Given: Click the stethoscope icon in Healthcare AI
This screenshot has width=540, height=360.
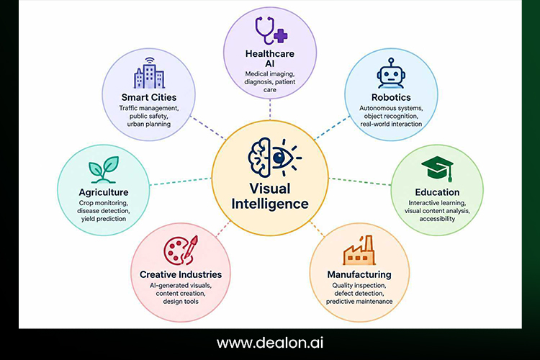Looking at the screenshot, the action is coord(264,30).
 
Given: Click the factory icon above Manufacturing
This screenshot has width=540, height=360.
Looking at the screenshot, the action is coord(359,251).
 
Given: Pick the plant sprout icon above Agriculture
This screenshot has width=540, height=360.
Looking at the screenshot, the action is coord(104,169).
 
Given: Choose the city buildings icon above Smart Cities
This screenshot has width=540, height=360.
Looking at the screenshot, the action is coord(149,73).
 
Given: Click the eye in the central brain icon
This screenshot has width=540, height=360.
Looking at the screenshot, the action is coord(279,158).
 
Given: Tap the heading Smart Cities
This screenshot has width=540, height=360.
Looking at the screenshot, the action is coord(149,97).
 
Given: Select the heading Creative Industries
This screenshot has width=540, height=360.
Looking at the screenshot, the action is coord(181,274).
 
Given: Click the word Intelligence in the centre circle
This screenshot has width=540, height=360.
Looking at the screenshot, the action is coord(270,204).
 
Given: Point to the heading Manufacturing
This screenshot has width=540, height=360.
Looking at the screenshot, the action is coord(359,274).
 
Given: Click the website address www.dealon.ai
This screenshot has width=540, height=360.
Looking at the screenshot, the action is coord(270,343).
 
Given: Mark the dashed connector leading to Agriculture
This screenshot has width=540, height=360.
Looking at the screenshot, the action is coord(181,181).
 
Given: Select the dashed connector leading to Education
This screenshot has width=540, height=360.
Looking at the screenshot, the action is coord(360,181).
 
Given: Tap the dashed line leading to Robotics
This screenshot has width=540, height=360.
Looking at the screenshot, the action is coord(333,127).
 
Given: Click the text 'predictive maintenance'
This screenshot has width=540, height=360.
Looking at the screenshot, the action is coord(359,302).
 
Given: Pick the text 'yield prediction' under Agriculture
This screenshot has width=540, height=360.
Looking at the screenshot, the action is coord(104,219).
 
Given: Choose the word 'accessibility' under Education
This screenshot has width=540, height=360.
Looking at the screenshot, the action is coord(437,219).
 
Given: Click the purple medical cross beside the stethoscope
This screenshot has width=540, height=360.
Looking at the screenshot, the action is coord(281,36).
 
